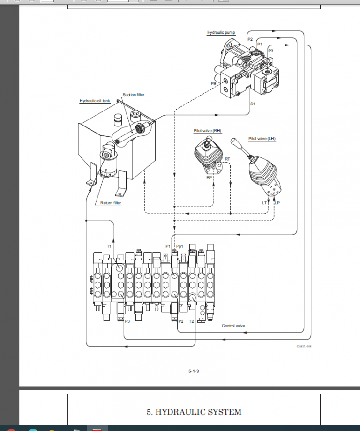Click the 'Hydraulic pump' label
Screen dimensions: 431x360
(221, 33)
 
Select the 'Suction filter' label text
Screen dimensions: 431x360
(134, 95)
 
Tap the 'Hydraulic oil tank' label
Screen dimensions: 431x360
(95, 101)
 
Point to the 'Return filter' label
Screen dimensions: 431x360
(111, 203)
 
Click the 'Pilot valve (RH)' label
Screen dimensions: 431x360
(207, 131)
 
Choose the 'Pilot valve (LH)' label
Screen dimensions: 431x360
(262, 139)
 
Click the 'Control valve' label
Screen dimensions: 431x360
(233, 326)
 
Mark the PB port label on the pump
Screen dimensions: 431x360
(213, 83)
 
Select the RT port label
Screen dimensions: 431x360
(227, 159)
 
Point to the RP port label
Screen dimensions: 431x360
(209, 178)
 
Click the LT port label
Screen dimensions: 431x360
(264, 203)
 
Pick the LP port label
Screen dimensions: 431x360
(277, 203)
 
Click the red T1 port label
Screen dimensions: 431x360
(109, 246)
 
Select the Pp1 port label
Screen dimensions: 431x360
(180, 246)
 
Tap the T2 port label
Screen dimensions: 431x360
(191, 321)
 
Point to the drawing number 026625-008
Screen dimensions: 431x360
(304, 346)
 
